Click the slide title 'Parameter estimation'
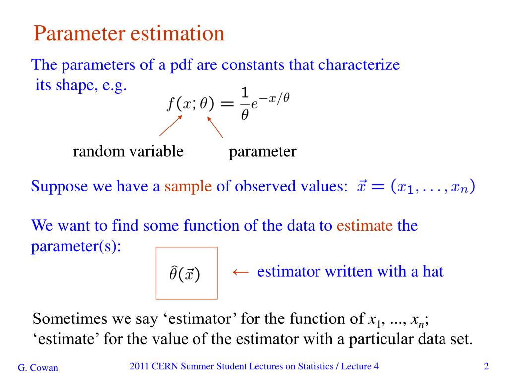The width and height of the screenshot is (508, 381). pos(129,34)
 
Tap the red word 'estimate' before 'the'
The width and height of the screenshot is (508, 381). pos(365,226)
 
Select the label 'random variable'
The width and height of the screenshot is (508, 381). pos(128,151)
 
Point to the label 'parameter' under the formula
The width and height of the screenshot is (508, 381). pos(262,151)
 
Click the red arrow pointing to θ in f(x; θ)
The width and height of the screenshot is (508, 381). pos(215,127)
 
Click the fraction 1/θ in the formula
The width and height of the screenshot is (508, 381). pos(244,103)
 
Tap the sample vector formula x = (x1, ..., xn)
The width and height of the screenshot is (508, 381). pos(416,188)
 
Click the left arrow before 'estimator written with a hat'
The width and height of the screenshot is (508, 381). pos(240,272)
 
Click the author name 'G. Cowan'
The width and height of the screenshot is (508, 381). pos(38,368)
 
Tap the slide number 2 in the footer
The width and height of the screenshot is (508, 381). pos(486,367)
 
